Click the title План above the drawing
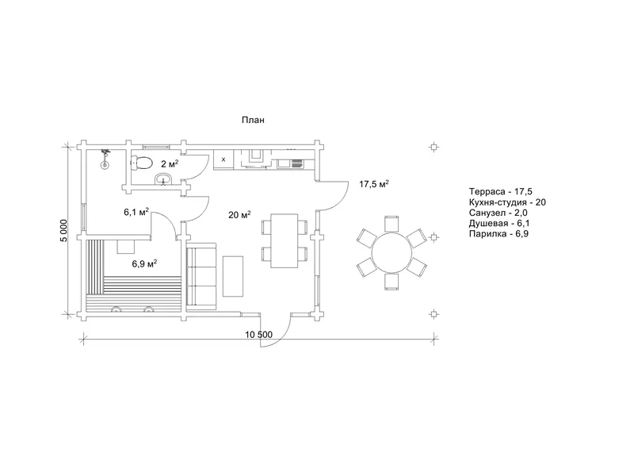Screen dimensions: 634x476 [x=253, y=120]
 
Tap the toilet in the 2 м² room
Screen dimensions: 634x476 [x=141, y=163]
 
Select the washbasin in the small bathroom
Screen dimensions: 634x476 [x=163, y=178]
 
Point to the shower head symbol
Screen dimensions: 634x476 [x=105, y=158]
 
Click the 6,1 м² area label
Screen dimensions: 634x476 [x=136, y=212]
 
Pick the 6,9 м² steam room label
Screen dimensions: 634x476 [x=144, y=263]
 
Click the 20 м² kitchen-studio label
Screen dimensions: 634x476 [x=239, y=214]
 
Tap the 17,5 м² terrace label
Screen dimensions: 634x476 [x=374, y=184]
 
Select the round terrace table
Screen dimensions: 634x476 [x=391, y=253]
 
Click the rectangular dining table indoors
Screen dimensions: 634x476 [x=285, y=241]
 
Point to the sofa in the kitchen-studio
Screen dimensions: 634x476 [x=201, y=274]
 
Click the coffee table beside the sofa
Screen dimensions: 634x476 [x=233, y=276]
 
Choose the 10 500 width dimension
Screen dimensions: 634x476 [x=259, y=335]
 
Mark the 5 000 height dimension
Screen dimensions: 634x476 [x=64, y=231]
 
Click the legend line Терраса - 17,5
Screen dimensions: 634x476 [x=501, y=191]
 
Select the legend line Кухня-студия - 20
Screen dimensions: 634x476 [x=507, y=202]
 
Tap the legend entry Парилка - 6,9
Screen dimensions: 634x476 [x=498, y=233]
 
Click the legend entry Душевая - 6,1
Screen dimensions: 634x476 [x=499, y=223]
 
